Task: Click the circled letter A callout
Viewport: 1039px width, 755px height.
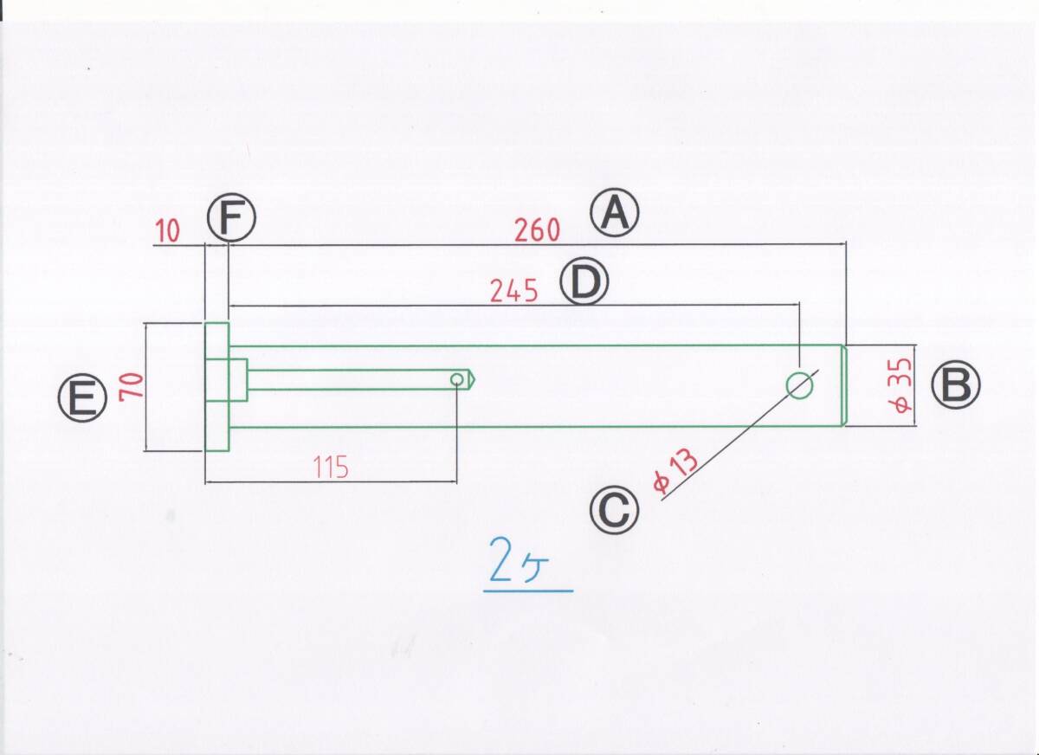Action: [x=615, y=215]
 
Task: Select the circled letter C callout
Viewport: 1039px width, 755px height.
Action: [x=614, y=511]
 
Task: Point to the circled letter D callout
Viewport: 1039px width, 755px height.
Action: [x=585, y=283]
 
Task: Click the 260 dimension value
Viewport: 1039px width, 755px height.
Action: [x=537, y=231]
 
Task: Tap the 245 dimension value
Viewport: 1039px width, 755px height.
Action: [x=514, y=291]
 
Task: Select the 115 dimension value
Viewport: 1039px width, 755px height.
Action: [x=330, y=468]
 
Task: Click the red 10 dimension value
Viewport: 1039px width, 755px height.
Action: [x=169, y=231]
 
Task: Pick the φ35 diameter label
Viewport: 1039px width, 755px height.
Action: [x=900, y=386]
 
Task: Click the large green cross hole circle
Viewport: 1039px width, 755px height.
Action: [x=800, y=385]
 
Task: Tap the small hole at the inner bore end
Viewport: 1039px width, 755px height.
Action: [x=456, y=379]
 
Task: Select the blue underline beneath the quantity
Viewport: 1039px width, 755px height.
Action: [x=528, y=591]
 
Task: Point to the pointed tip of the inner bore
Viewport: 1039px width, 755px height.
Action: [x=474, y=379]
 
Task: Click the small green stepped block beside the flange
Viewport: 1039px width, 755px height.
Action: [x=238, y=379]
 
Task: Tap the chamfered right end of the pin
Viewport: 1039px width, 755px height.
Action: [x=843, y=386]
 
